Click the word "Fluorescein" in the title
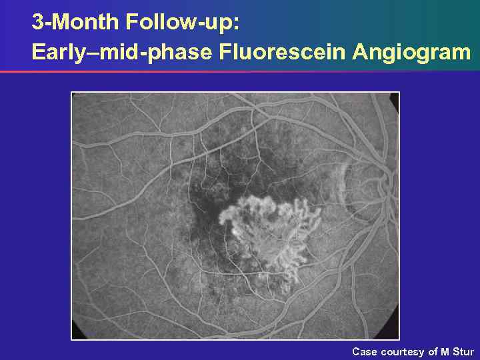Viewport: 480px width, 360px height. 281,52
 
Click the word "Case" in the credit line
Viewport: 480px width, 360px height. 365,351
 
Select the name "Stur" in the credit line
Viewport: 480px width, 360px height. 463,351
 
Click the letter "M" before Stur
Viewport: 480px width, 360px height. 445,351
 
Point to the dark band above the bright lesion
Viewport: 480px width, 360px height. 267,160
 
